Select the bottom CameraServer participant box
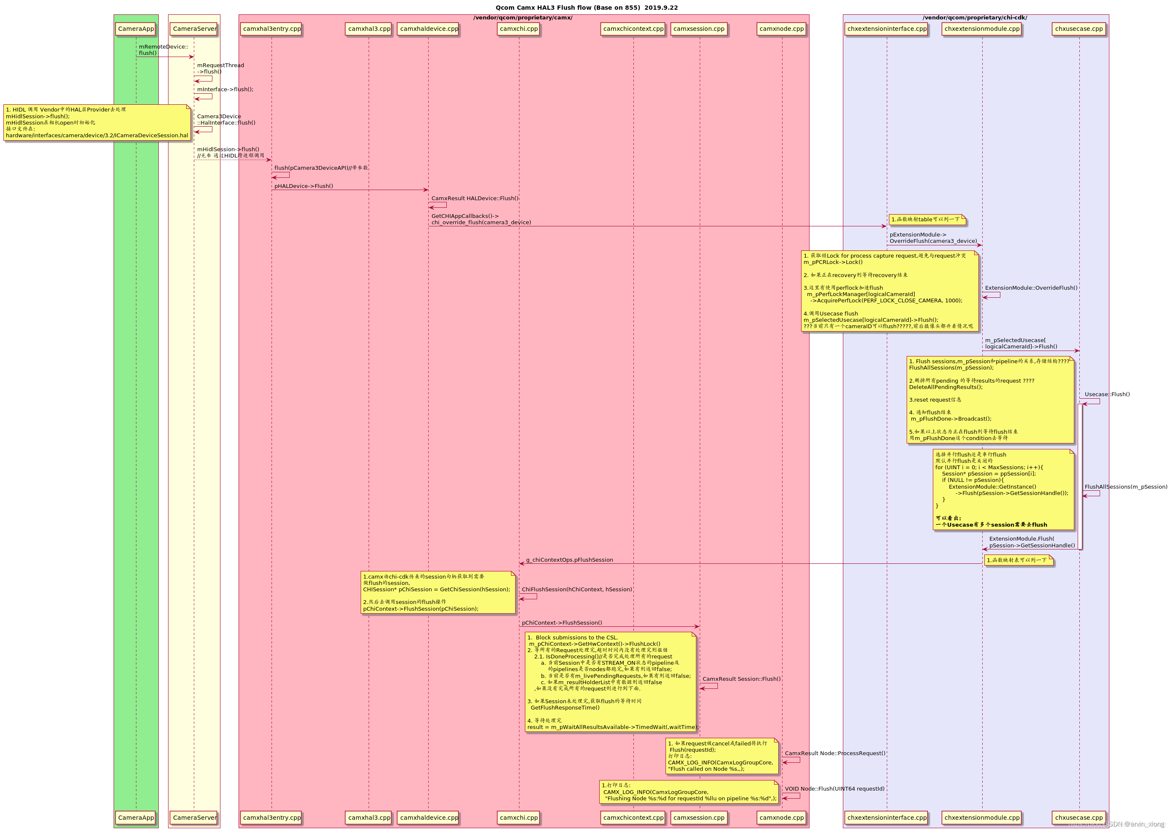pos(194,817)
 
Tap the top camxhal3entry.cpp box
pos(272,29)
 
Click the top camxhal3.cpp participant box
pos(369,29)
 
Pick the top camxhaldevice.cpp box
pos(429,29)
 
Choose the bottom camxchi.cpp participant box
pos(519,817)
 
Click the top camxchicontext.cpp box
pos(633,29)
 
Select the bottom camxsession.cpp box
pos(699,817)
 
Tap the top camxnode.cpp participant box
pos(782,29)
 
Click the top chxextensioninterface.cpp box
pos(887,29)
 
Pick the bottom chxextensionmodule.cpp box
pos(982,817)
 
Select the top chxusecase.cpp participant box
pos(1079,29)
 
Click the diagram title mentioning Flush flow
pos(587,8)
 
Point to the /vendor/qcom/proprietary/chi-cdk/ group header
pos(975,18)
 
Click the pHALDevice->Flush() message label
pos(303,186)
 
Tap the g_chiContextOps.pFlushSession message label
pos(569,560)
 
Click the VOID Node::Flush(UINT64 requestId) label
pos(834,788)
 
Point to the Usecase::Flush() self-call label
pos(1107,394)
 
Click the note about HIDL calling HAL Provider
pos(97,122)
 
